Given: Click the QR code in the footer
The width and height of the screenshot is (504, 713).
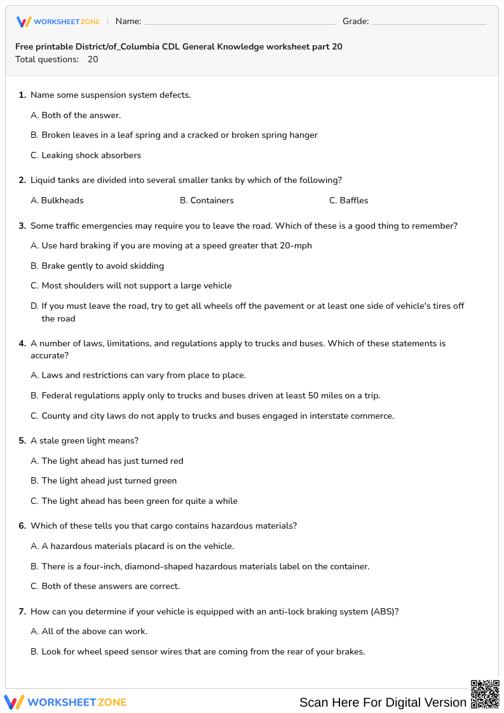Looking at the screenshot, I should (484, 693).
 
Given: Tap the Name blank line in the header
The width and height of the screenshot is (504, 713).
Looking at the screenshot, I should (240, 24).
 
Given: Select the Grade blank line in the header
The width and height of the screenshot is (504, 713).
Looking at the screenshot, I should (428, 24).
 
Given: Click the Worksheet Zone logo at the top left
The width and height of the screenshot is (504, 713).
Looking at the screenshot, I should (58, 22).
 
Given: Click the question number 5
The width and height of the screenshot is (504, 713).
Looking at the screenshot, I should (22, 440).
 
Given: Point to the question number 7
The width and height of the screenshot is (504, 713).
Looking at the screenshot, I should (22, 611).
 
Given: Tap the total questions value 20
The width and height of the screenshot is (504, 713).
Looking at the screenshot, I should (93, 59).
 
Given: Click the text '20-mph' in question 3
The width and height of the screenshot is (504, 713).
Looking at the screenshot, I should (296, 245).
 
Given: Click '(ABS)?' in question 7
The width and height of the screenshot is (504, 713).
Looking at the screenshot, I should (384, 611).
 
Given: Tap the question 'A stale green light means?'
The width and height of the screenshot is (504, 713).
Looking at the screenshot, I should (85, 440).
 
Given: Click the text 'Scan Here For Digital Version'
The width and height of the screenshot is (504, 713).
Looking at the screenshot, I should (383, 702).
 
